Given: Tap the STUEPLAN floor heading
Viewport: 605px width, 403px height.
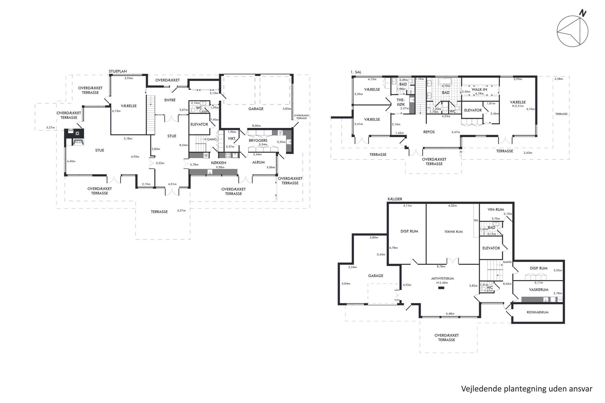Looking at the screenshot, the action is (x=118, y=72).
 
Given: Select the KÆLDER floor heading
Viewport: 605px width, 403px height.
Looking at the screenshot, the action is (x=395, y=199).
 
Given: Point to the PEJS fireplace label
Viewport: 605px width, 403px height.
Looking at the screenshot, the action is (x=78, y=142).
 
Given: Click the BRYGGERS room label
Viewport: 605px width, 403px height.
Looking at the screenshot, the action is (x=258, y=140).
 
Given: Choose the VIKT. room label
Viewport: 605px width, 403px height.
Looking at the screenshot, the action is (x=232, y=139).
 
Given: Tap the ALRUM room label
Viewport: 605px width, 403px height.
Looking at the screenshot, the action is (x=258, y=162).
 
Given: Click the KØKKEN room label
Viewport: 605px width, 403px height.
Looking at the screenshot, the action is (x=219, y=163).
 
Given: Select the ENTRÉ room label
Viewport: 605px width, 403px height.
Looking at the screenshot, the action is (x=170, y=100).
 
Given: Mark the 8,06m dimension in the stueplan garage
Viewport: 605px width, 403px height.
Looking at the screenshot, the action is (x=256, y=125).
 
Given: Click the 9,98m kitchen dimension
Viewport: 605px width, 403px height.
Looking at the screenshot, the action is (x=220, y=167).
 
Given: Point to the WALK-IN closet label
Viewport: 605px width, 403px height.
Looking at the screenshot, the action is (x=479, y=90).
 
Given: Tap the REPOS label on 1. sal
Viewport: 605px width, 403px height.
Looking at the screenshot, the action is (x=429, y=132).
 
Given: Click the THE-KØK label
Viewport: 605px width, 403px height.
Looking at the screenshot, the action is (x=401, y=102).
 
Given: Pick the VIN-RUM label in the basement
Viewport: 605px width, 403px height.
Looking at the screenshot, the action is (x=496, y=210).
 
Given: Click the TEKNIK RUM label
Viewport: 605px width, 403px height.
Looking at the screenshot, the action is (x=453, y=232).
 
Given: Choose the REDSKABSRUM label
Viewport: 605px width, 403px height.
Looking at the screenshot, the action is (x=538, y=312).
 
